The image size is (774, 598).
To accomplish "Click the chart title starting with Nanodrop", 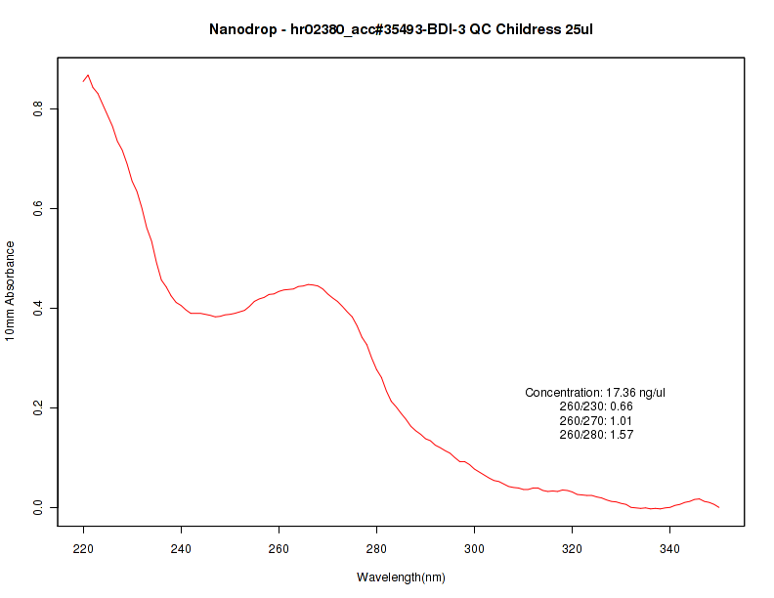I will pos(401,29).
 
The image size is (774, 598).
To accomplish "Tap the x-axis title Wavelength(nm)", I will pos(401,577).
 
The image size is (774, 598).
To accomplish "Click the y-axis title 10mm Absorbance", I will pos(10,290).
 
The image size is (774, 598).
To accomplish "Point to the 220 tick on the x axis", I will pos(84,548).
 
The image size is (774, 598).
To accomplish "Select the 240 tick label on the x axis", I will pos(182,548).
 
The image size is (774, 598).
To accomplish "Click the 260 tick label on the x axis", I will pos(279,548).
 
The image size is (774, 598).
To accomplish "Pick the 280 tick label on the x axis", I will pos(377,548).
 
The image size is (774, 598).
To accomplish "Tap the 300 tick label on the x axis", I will pos(475,548).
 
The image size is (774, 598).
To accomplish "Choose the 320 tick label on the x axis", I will pos(573,548).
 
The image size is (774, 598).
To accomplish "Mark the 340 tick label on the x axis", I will pos(670,548).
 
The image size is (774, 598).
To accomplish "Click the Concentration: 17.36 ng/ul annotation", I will pos(595,393).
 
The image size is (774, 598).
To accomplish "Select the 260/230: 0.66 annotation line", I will pos(596,406).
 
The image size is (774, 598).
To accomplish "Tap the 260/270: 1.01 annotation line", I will pos(596,421).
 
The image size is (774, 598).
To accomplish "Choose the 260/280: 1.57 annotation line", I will pos(596,435).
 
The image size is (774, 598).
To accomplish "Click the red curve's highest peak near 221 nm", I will pos(88,75).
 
